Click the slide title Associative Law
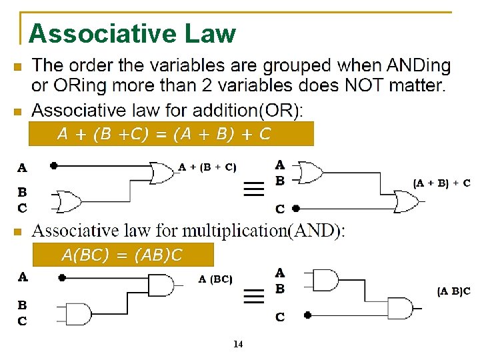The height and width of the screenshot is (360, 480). [132, 33]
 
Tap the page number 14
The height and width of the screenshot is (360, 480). [238, 345]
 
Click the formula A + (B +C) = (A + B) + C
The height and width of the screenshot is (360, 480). [163, 134]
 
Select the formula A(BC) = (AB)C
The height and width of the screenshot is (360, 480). [121, 255]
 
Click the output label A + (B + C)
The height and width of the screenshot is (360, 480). [207, 167]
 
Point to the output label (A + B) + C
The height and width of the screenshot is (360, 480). [441, 183]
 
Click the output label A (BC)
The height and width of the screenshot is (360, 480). [215, 279]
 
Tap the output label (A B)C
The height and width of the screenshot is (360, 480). [453, 291]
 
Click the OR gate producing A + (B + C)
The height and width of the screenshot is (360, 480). [161, 173]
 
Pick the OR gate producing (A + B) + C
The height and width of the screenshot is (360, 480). [405, 199]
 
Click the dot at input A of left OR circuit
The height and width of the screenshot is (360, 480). [53, 165]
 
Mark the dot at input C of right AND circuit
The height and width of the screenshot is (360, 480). [308, 315]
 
